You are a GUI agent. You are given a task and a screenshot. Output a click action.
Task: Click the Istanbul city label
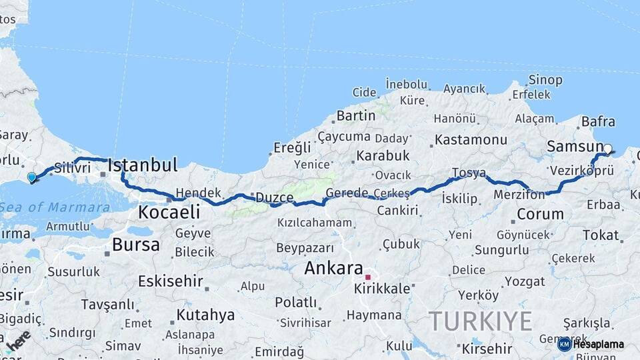click(142, 165)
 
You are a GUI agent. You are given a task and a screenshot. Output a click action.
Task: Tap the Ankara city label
click(333, 269)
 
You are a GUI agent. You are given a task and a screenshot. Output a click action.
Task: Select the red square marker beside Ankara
click(367, 276)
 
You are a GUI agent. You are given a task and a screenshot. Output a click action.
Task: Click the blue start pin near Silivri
click(31, 177)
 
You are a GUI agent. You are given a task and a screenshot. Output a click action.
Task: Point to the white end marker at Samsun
click(607, 149)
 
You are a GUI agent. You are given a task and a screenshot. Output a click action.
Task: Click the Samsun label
click(574, 146)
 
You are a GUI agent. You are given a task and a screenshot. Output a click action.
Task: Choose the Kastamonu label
click(471, 140)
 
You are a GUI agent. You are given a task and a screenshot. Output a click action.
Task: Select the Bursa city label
click(135, 245)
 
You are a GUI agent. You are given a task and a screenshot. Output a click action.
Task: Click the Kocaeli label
click(169, 213)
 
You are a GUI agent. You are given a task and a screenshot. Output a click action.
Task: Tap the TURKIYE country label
click(480, 321)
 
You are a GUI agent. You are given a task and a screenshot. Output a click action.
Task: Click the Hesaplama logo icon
click(565, 344)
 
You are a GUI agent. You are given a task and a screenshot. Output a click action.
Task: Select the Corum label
click(540, 215)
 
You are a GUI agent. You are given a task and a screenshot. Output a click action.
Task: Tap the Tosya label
click(469, 173)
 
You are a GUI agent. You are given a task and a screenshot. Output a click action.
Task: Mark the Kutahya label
click(205, 315)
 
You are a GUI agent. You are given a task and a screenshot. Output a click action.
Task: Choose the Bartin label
click(355, 115)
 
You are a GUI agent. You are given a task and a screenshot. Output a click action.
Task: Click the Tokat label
click(601, 235)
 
